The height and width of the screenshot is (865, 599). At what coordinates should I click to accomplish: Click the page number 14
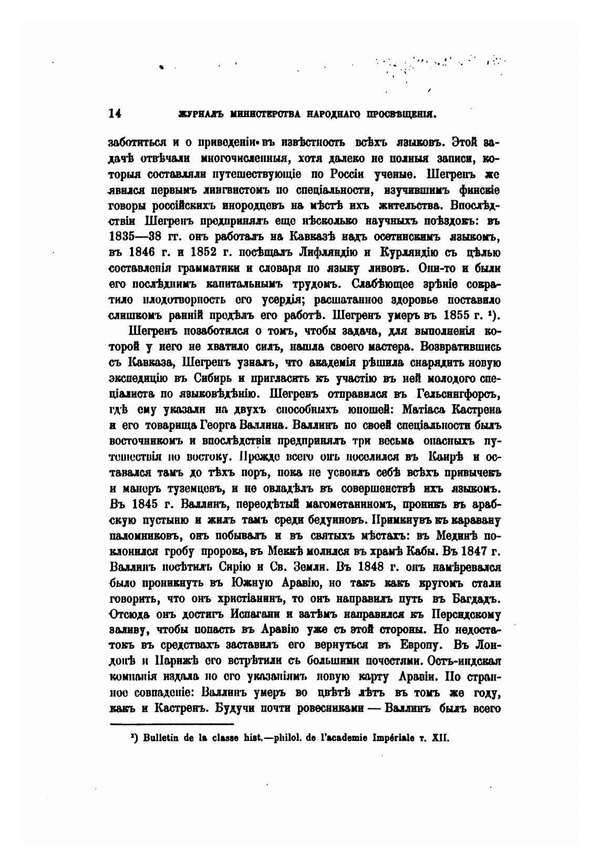tap(115, 113)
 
